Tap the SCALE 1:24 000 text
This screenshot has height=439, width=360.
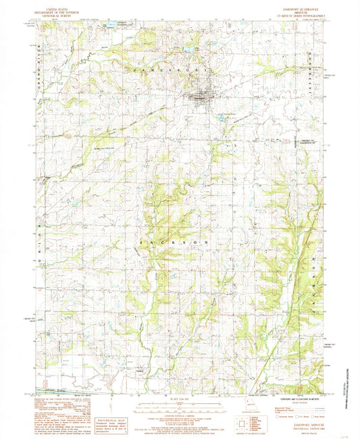point(179,396)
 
